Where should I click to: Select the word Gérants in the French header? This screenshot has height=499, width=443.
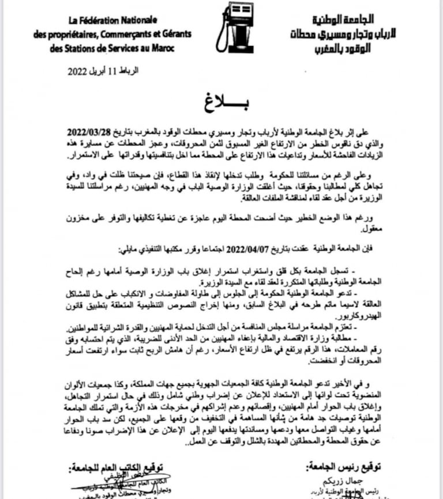(x=175, y=35)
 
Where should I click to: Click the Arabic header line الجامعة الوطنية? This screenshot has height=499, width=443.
(x=346, y=20)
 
